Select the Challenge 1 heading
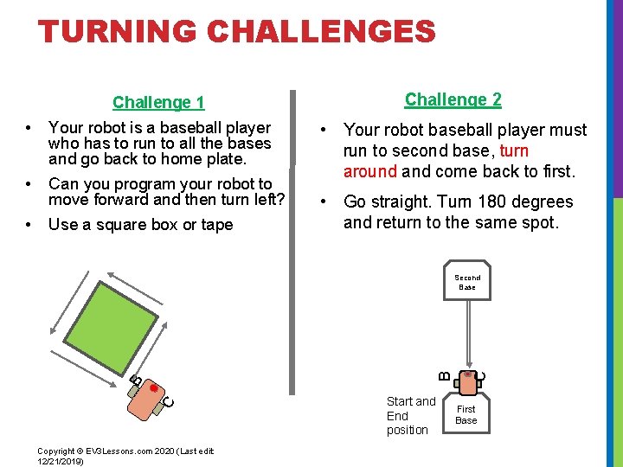[x=158, y=103]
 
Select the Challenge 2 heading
[x=453, y=99]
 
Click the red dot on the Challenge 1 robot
[x=154, y=389]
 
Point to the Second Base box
[x=467, y=283]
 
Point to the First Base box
[x=466, y=415]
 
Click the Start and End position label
[x=410, y=415]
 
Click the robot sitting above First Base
[x=467, y=381]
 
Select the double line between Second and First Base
[x=467, y=333]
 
